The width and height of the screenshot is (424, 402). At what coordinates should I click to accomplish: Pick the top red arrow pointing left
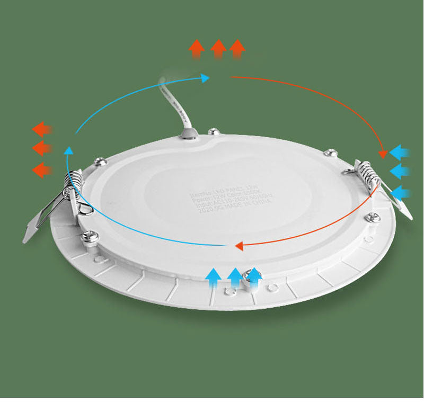click(x=41, y=129)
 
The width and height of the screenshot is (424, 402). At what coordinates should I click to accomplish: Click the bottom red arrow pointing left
click(x=41, y=170)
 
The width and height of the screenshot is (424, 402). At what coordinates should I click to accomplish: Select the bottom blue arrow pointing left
click(x=401, y=192)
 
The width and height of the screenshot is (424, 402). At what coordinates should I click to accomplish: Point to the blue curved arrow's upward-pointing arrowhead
click(x=68, y=151)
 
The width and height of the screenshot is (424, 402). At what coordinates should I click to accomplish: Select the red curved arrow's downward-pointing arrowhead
click(x=383, y=154)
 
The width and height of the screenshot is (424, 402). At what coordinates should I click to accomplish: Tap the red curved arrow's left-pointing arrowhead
click(x=239, y=246)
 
